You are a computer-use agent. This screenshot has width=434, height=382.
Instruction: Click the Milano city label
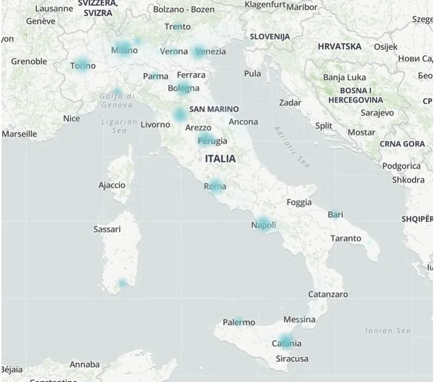[124, 51]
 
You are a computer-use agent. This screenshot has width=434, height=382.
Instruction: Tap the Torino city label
[83, 66]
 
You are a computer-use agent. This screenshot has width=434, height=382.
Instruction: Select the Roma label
[215, 186]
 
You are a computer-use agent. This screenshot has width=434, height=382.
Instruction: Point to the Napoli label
[263, 225]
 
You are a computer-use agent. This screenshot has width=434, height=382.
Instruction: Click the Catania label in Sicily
[286, 344]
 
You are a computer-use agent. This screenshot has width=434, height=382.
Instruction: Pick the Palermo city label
[238, 322]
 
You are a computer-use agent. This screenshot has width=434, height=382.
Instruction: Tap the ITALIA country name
[220, 158]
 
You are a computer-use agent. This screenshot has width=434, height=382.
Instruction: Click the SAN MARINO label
[214, 109]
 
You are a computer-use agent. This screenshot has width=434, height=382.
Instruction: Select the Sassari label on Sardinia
[107, 229]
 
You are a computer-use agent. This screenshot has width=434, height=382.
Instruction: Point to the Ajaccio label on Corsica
[112, 185]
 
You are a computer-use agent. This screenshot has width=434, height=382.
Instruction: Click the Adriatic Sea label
[292, 147]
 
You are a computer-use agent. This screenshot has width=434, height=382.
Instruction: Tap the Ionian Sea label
[388, 330]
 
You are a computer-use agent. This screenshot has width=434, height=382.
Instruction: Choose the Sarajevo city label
[377, 113]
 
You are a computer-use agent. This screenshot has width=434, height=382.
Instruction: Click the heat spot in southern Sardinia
[122, 284]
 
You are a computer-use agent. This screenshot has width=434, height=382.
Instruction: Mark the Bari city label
[335, 214]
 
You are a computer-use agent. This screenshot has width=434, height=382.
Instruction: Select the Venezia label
[210, 51]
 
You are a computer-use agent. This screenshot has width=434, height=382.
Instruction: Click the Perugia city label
[213, 140]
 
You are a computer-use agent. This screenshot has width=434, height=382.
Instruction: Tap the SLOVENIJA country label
[269, 36]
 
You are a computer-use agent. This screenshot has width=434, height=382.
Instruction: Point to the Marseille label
[19, 134]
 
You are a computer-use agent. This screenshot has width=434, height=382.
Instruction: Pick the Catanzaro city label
[328, 294]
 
